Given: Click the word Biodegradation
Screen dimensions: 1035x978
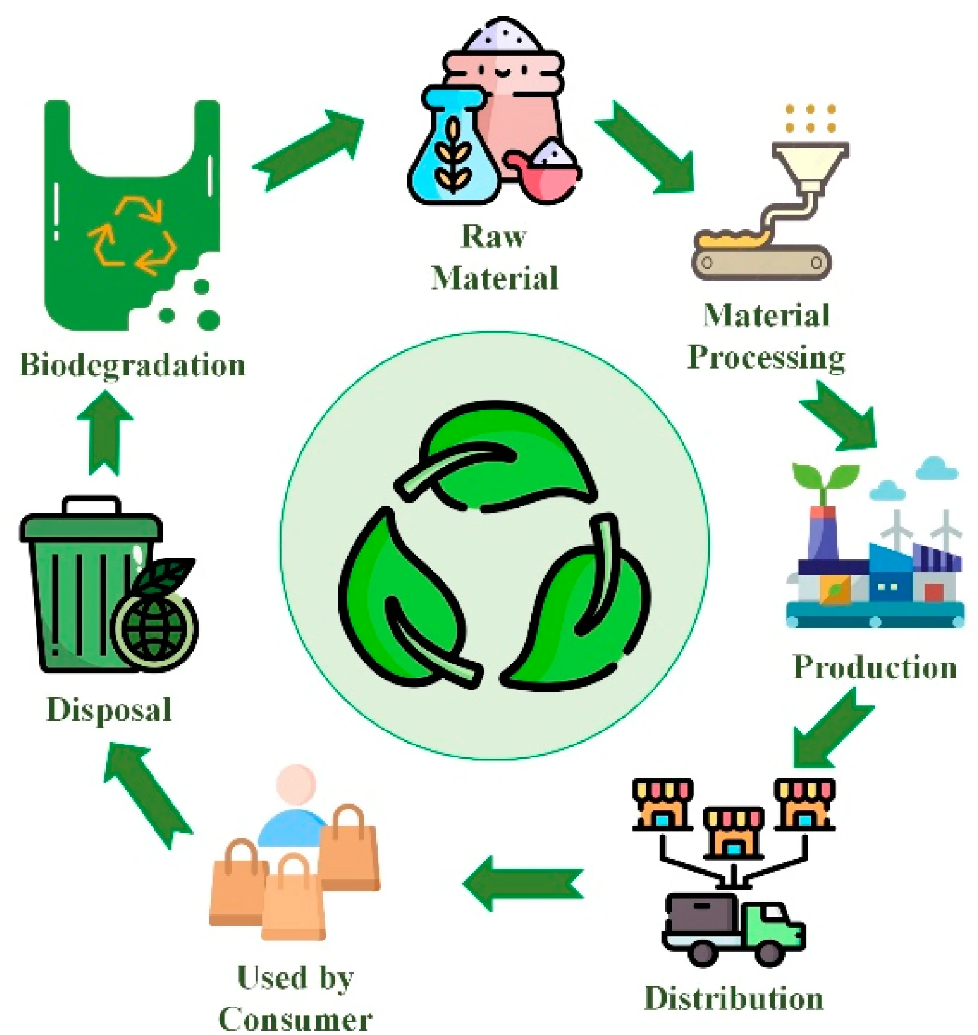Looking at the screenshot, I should pyautogui.click(x=133, y=365).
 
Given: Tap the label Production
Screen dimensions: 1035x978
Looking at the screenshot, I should pyautogui.click(x=875, y=667).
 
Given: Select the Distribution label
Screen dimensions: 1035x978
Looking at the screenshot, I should pyautogui.click(x=734, y=998).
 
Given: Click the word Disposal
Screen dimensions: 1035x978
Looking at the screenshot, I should pyautogui.click(x=109, y=710).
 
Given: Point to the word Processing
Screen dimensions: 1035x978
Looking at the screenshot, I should pyautogui.click(x=766, y=357).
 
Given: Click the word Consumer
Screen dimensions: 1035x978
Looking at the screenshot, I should pyautogui.click(x=295, y=1019).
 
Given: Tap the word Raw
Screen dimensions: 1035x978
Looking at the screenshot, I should pyautogui.click(x=494, y=237).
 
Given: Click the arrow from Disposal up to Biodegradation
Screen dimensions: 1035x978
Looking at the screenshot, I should pyautogui.click(x=105, y=432).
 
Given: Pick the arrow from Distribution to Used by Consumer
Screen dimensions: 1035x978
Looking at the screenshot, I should pyautogui.click(x=522, y=884).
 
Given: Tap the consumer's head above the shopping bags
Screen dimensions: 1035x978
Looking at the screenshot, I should pyautogui.click(x=296, y=783).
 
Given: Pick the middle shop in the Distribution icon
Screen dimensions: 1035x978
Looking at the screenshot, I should pyautogui.click(x=734, y=832).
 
